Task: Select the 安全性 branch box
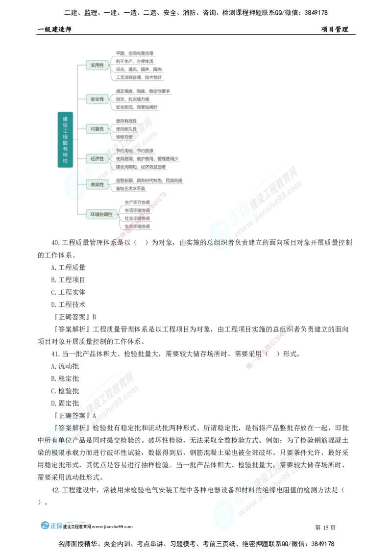tap(97, 99)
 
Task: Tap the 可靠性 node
tap(97, 129)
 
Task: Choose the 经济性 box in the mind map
tap(97, 159)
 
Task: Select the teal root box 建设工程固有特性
tap(65, 140)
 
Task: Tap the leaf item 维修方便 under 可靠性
tap(124, 137)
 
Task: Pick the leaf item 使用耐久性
tap(126, 129)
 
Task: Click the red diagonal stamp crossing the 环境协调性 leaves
tap(139, 220)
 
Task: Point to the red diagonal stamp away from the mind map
tap(269, 346)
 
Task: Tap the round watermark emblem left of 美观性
tap(74, 186)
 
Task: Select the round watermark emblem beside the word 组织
tap(219, 237)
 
